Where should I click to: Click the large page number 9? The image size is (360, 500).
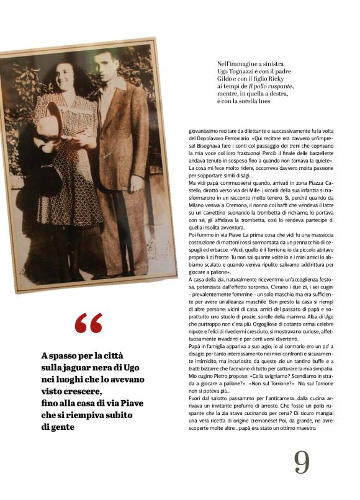(302, 461)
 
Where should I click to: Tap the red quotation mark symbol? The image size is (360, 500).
(88, 323)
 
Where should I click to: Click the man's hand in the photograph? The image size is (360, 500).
(137, 184)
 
